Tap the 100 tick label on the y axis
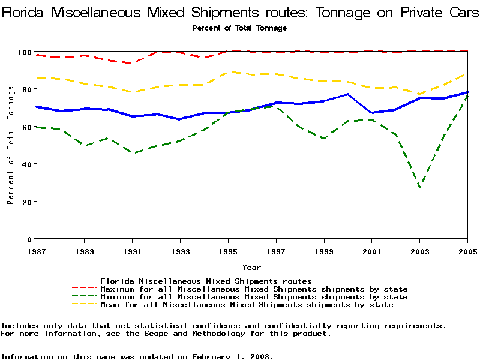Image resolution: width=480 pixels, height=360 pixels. [x=25, y=52]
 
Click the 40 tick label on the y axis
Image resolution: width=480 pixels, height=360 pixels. [x=27, y=164]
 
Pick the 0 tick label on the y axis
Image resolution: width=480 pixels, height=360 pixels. [x=29, y=239]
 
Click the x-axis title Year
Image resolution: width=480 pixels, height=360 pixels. [x=251, y=267]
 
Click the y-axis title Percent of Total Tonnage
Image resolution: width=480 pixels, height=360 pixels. [x=11, y=145]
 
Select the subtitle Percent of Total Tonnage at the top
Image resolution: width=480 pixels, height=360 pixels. [x=239, y=28]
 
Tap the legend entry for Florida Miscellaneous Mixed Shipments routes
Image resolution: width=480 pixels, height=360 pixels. [x=206, y=281]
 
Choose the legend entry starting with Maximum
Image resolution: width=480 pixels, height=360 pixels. [x=254, y=289]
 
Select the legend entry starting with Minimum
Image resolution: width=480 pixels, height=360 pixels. [x=254, y=297]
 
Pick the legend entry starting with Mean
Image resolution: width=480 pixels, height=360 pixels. [x=247, y=305]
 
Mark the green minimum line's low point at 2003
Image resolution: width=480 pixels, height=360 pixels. [x=419, y=187]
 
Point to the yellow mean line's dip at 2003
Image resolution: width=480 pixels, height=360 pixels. [x=419, y=94]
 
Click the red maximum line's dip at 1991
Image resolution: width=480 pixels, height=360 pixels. [x=132, y=63]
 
